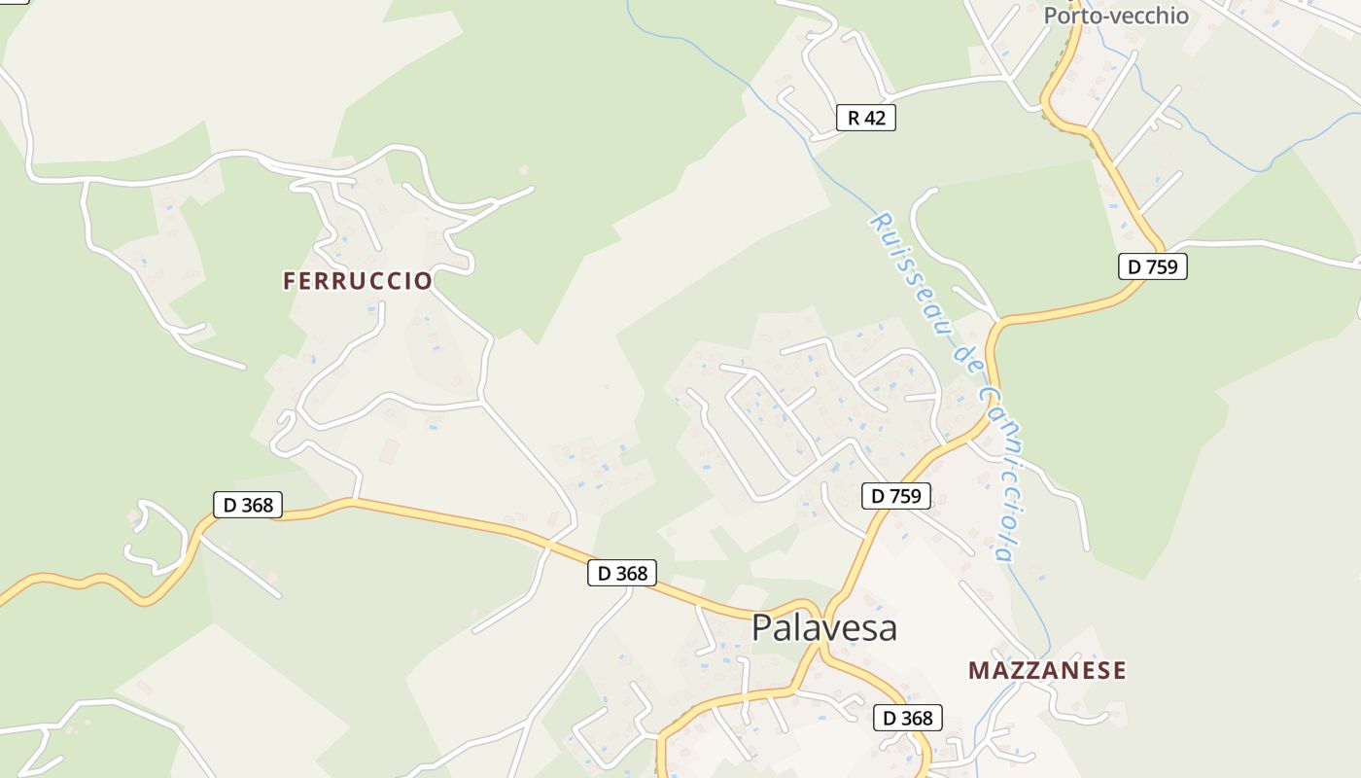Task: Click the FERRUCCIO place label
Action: (357, 281)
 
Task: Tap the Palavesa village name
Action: (823, 627)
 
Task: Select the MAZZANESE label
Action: (1047, 670)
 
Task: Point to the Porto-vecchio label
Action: (1116, 16)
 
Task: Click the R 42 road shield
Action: (865, 119)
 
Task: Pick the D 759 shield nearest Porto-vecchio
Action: (1152, 266)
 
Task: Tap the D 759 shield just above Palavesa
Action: (895, 496)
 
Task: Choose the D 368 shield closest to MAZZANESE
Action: (907, 719)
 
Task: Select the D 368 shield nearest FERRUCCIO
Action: (248, 505)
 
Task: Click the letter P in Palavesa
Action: (763, 628)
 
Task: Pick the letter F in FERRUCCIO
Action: (289, 281)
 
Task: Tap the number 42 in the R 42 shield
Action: (874, 119)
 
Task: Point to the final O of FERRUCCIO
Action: (424, 281)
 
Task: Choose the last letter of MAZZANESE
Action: (1120, 670)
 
